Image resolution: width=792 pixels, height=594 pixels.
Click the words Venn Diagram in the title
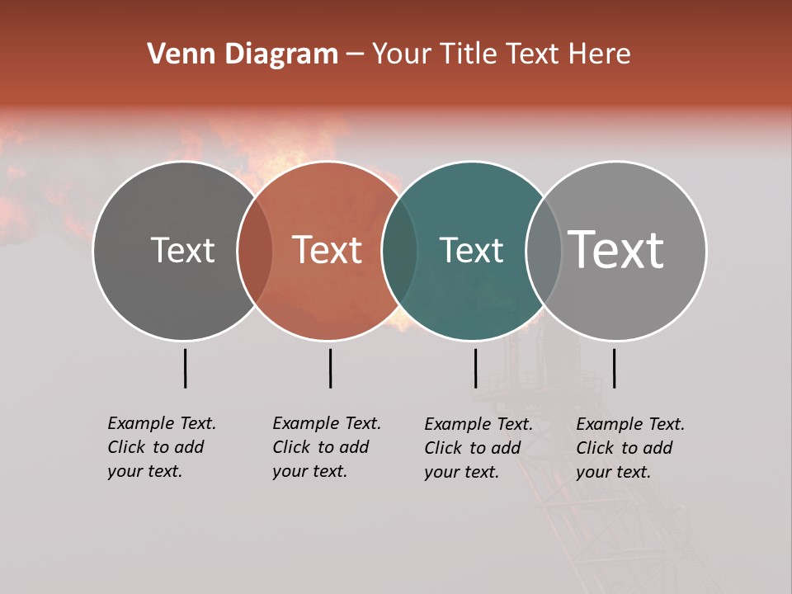pos(243,54)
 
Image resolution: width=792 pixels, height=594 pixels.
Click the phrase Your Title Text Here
pos(501,54)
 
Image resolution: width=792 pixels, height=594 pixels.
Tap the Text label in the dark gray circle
pos(182,250)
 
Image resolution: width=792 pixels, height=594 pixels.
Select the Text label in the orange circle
pos(328,250)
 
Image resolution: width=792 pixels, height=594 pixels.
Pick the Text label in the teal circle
pos(471,250)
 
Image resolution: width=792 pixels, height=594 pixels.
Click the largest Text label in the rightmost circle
pos(616,250)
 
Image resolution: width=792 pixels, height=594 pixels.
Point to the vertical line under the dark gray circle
pos(185,368)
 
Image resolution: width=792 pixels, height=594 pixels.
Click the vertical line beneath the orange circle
pos(330,368)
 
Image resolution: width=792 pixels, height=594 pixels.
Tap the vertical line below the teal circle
pos(475,368)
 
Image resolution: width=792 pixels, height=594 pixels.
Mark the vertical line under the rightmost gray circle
pos(614,368)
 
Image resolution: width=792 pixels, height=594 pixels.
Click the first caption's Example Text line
pos(162,423)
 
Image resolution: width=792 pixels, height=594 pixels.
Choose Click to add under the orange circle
pos(320,447)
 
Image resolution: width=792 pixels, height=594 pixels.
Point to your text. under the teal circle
pos(461,472)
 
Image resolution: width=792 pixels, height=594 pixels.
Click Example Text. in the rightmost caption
pos(630,424)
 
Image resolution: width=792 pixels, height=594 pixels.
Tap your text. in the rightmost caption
pos(613,472)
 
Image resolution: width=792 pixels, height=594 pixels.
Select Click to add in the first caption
pos(155,447)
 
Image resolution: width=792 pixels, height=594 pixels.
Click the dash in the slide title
pos(355,54)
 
